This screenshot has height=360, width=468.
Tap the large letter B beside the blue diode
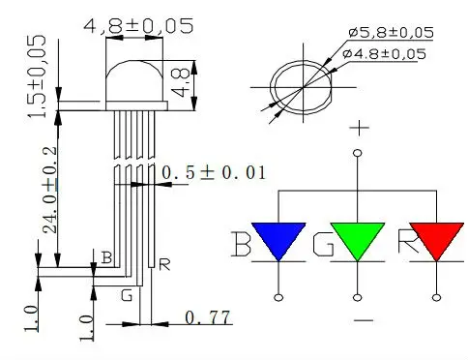click(241, 244)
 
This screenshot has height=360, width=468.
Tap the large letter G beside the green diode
click(323, 244)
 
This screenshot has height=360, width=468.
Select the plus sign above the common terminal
click(360, 128)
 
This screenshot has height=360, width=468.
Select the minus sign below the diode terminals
click(364, 320)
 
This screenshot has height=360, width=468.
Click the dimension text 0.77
click(208, 317)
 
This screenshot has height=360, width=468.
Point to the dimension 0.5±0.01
click(214, 172)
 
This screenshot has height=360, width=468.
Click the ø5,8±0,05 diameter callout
click(391, 33)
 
